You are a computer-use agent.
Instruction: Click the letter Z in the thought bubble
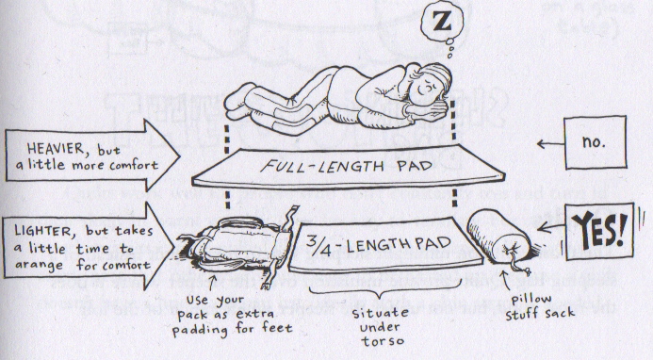pyautogui.click(x=442, y=21)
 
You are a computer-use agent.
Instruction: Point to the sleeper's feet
pyautogui.click(x=237, y=101)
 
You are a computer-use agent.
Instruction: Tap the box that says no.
pyautogui.click(x=596, y=142)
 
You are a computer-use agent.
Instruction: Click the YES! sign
pyautogui.click(x=599, y=230)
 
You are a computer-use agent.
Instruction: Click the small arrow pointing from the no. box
pyautogui.click(x=550, y=144)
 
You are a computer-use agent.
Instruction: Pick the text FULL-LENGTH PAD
pyautogui.click(x=347, y=167)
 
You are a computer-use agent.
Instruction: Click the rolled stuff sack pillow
pyautogui.click(x=498, y=237)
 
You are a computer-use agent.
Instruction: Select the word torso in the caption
pyautogui.click(x=383, y=341)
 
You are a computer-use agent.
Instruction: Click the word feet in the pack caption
pyautogui.click(x=277, y=328)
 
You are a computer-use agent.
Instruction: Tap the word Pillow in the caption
pyautogui.click(x=531, y=299)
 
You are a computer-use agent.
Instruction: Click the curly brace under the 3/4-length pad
pyautogui.click(x=385, y=290)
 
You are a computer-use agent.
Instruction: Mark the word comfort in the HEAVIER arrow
pyautogui.click(x=134, y=166)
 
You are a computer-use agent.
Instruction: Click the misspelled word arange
pyautogui.click(x=39, y=266)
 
